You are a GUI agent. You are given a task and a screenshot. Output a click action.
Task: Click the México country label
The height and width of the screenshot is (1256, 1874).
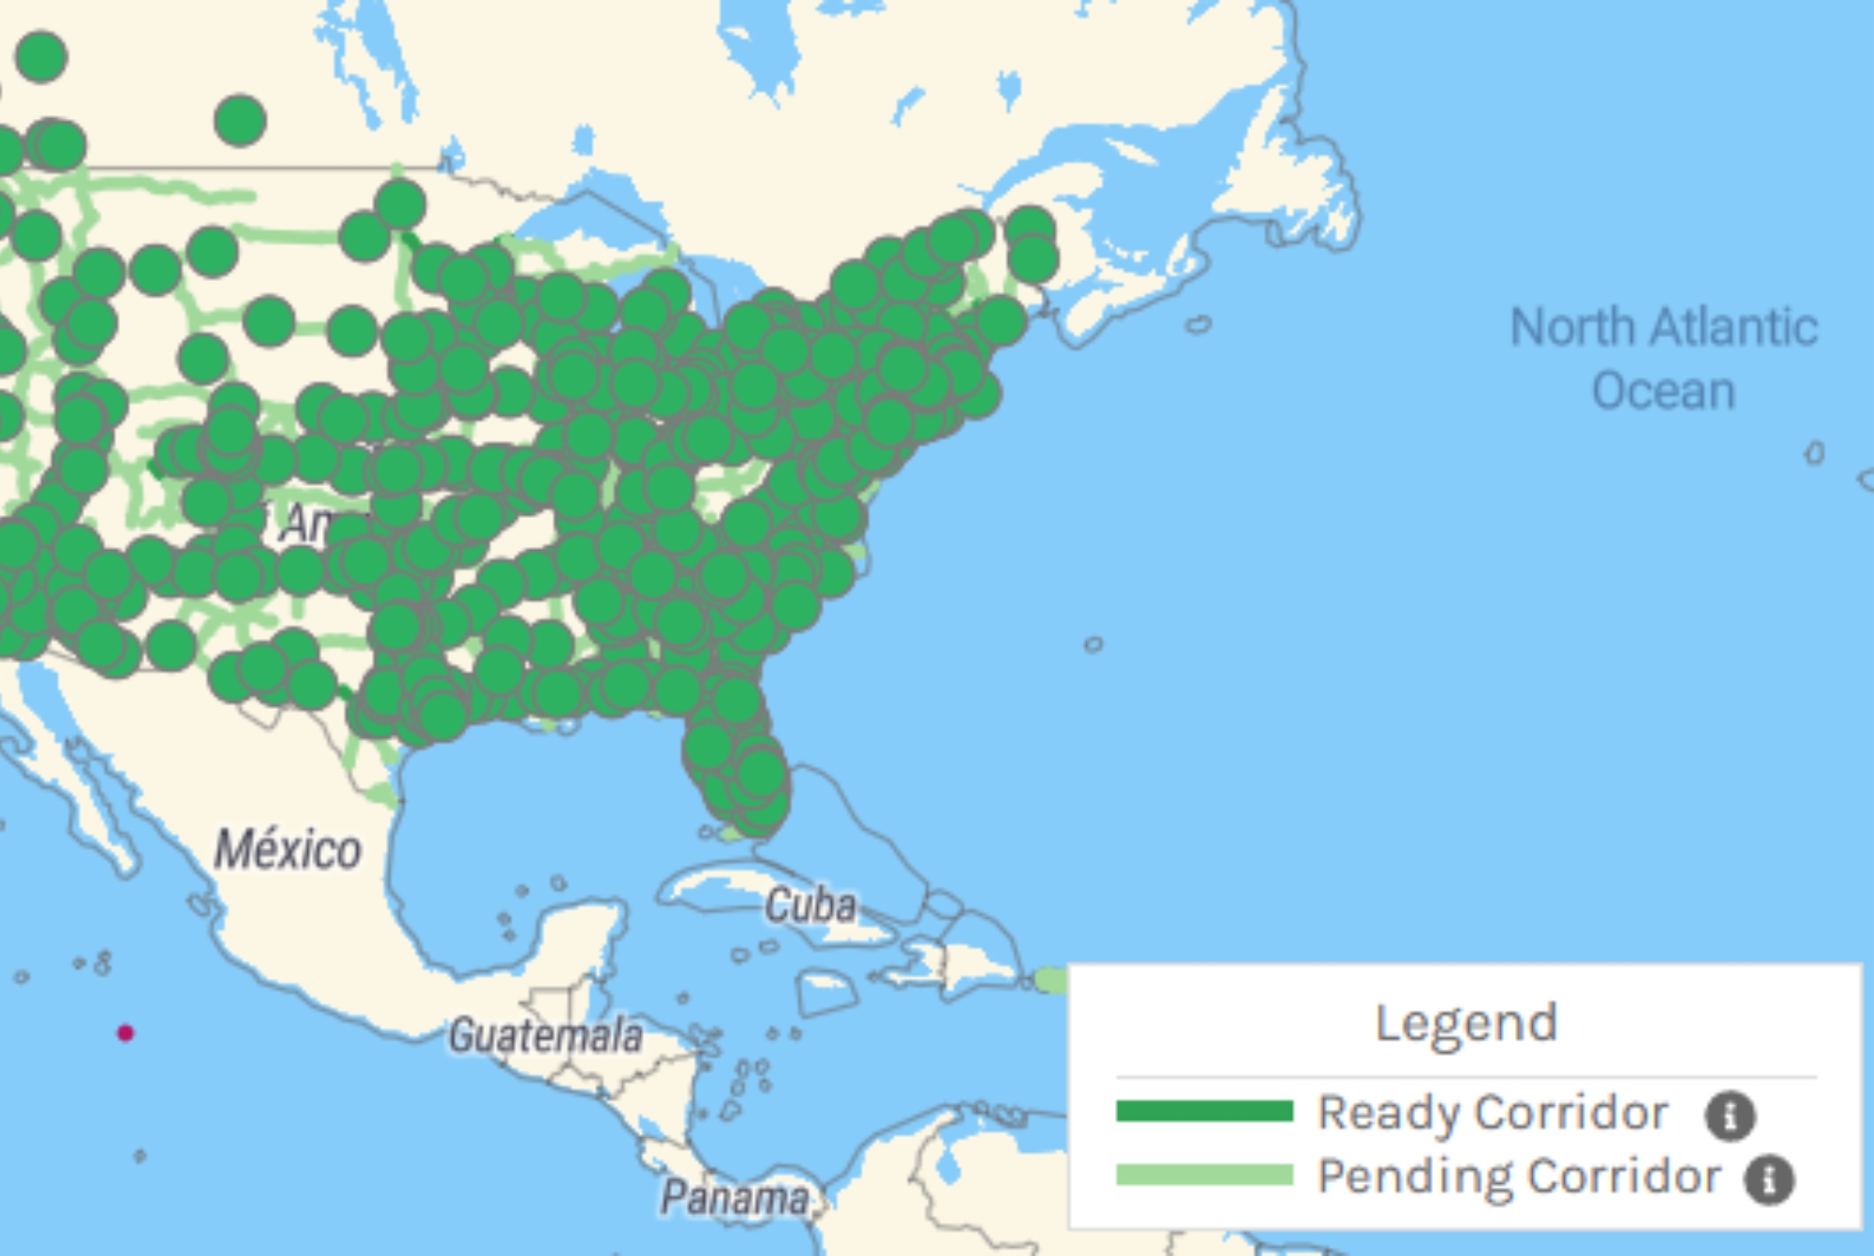click(x=288, y=850)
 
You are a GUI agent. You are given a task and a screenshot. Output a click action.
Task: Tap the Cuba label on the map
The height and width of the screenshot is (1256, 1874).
click(x=811, y=906)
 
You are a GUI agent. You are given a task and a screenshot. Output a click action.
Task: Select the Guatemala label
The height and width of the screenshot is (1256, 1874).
click(x=545, y=1036)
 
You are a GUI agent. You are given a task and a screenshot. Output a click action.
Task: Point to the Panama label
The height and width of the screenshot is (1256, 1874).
click(x=735, y=1198)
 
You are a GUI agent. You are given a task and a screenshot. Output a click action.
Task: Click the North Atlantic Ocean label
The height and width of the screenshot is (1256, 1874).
click(x=1664, y=359)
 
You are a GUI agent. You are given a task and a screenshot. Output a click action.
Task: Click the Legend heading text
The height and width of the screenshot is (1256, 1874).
click(x=1465, y=1023)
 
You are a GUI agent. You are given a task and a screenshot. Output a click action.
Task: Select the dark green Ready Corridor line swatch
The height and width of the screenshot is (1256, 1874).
click(x=1204, y=1112)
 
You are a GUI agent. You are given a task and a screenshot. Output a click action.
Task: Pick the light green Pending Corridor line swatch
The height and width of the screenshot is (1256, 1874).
click(x=1204, y=1175)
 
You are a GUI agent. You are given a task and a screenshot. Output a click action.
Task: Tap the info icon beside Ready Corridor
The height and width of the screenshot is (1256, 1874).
click(x=1730, y=1116)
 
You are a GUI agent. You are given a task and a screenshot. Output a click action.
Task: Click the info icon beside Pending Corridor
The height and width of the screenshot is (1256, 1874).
click(x=1769, y=1179)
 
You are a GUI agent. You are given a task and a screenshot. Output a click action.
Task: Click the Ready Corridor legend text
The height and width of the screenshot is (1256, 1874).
click(x=1493, y=1113)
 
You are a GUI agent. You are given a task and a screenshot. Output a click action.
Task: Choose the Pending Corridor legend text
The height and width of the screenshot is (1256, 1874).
click(x=1519, y=1176)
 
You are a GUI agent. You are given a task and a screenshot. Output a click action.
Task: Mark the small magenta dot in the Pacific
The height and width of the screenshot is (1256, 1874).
click(x=126, y=1033)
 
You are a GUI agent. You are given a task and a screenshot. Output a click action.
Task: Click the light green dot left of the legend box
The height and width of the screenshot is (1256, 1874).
click(x=1051, y=981)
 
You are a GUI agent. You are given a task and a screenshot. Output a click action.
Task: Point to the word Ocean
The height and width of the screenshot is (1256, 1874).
click(x=1664, y=391)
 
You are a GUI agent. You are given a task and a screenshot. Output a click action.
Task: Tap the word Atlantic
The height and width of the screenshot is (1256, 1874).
click(x=1734, y=328)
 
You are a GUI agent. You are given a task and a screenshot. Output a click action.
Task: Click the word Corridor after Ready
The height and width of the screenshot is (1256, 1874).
click(x=1570, y=1113)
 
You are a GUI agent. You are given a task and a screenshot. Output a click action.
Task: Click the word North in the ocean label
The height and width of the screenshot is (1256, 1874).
click(x=1573, y=328)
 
